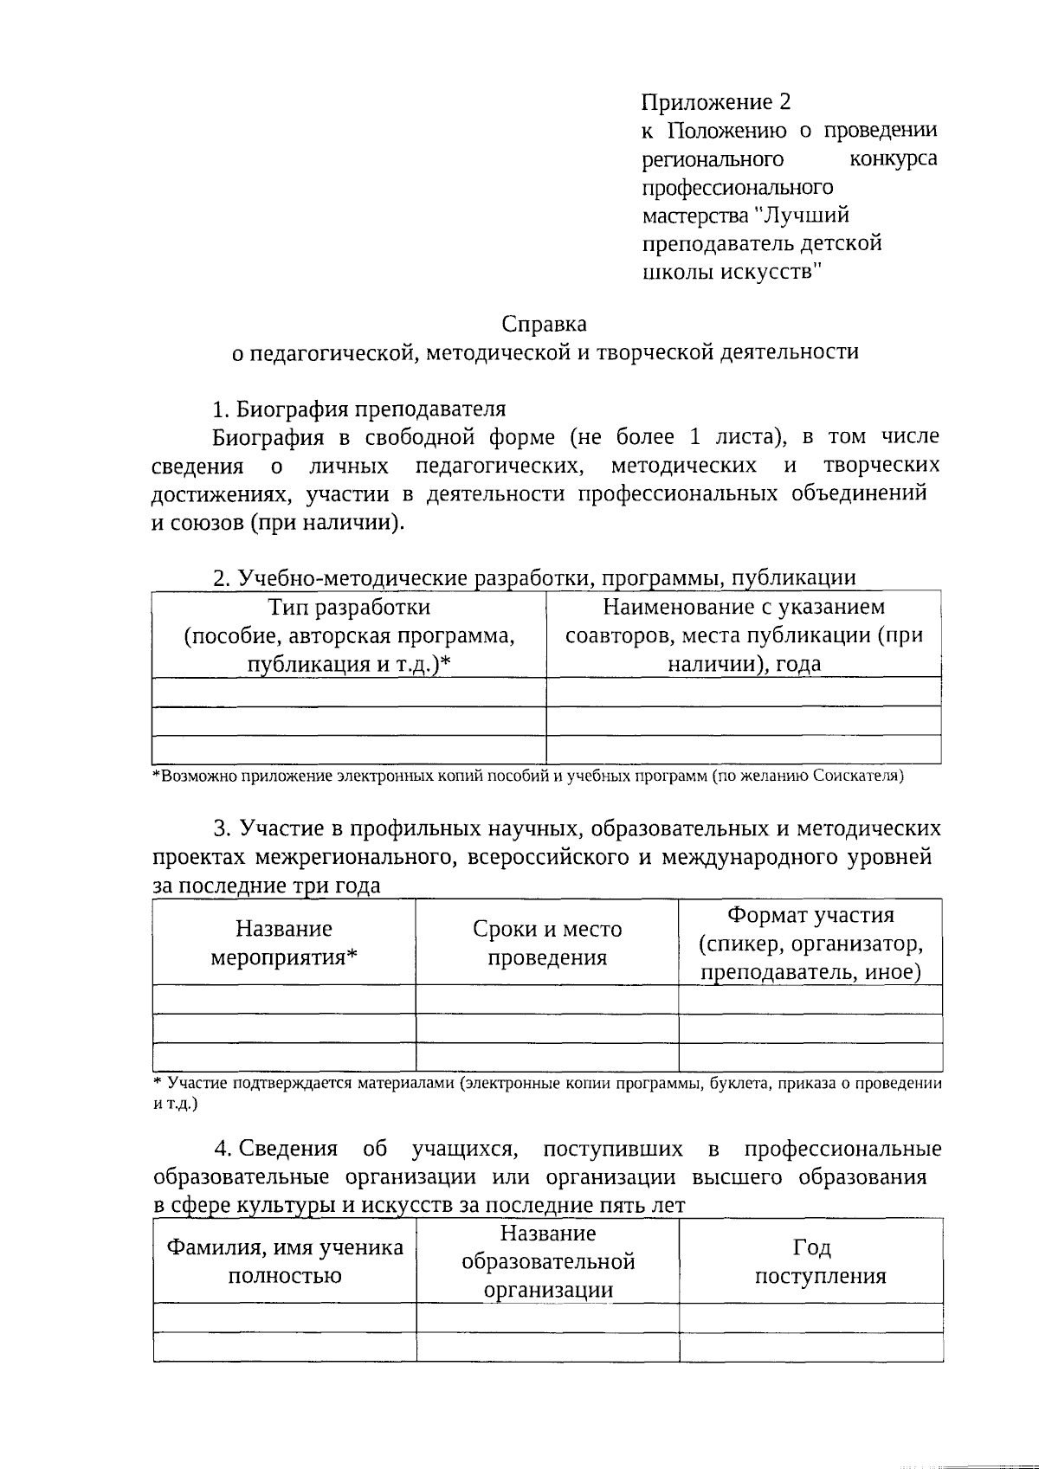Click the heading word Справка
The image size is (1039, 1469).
pos(544,325)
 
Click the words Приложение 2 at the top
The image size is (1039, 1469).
pos(715,103)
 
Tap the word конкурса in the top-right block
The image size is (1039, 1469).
pos(893,159)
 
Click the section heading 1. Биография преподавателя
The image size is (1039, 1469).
pos(359,409)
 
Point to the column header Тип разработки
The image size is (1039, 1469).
pos(349,607)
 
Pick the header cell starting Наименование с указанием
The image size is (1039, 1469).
pos(744,635)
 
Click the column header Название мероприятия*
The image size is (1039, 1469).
pos(284,943)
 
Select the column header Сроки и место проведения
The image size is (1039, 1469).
pos(547,943)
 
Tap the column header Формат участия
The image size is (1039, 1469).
pos(810,916)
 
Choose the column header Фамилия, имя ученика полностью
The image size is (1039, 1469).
pos(285,1261)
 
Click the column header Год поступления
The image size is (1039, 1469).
pos(811,1261)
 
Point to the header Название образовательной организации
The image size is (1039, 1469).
pos(548,1261)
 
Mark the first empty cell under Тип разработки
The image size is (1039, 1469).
pos(349,692)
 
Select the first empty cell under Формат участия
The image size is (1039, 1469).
pos(810,999)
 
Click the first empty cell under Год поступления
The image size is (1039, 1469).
pos(811,1318)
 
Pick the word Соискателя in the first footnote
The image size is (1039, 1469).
pos(858,776)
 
